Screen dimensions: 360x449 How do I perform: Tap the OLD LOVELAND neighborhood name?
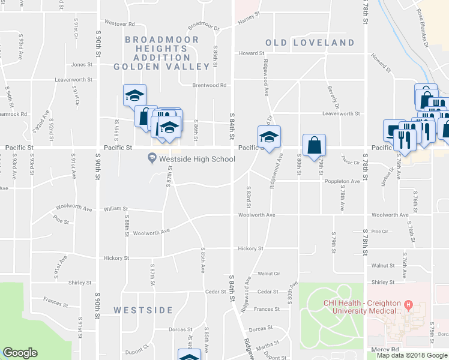point(310,43)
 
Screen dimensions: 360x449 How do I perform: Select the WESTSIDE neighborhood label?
point(143,310)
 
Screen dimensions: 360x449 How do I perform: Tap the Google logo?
point(20,353)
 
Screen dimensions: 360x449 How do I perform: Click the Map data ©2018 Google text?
point(412,355)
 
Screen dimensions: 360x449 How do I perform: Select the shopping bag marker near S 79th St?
point(314,145)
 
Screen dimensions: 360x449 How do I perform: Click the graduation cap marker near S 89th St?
point(135,94)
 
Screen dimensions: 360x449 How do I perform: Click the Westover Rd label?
point(119,23)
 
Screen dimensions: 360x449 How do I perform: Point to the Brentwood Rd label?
point(209,85)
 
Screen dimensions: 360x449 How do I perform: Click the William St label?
point(116,209)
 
